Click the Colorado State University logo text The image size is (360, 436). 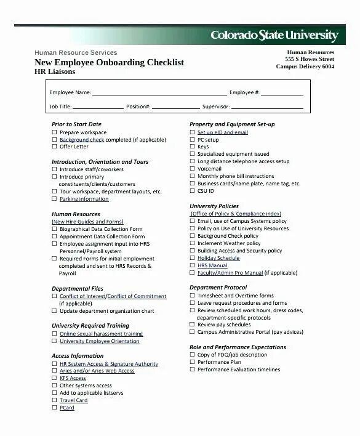(x=274, y=34)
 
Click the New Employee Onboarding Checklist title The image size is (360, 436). (x=110, y=62)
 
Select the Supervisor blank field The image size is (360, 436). (x=267, y=107)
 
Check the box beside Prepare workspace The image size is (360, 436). (x=54, y=132)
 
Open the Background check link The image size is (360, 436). (x=82, y=140)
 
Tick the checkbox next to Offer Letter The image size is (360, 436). (x=54, y=147)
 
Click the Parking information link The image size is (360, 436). (x=84, y=199)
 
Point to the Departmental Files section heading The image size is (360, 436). (x=78, y=288)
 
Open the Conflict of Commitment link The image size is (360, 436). (x=137, y=296)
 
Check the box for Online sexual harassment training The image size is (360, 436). (x=54, y=334)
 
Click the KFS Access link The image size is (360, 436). (x=73, y=378)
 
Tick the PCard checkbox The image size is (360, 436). (x=54, y=408)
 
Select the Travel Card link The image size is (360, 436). (x=73, y=400)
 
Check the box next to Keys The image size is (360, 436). (x=192, y=147)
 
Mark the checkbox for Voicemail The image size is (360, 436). (x=192, y=169)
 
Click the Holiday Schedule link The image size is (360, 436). (x=218, y=258)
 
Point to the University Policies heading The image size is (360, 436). (x=214, y=206)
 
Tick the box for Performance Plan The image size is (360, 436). (x=192, y=362)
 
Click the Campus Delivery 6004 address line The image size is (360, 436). (x=306, y=67)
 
